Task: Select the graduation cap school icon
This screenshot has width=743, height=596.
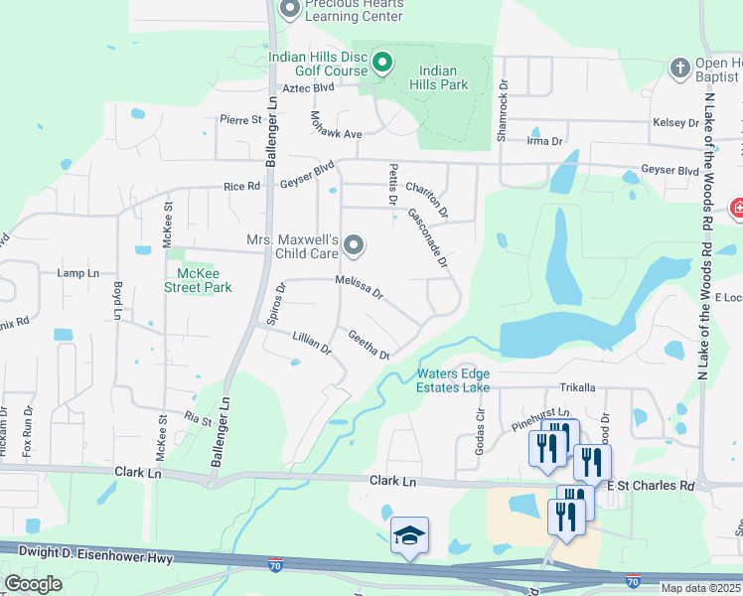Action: click(x=408, y=535)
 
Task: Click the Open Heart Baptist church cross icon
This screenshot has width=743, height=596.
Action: click(x=680, y=67)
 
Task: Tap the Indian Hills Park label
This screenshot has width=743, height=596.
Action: click(x=444, y=77)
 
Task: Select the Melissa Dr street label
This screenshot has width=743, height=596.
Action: click(x=359, y=288)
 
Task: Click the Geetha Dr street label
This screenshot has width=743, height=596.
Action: click(x=369, y=345)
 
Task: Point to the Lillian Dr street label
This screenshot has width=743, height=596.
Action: click(x=312, y=345)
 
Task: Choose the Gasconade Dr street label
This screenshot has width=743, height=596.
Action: click(x=428, y=241)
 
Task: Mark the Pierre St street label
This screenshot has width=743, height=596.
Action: click(x=240, y=119)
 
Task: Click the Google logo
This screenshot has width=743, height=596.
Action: click(x=33, y=584)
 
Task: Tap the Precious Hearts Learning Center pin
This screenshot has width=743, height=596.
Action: click(x=290, y=10)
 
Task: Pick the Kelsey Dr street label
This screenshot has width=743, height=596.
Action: click(x=675, y=122)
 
